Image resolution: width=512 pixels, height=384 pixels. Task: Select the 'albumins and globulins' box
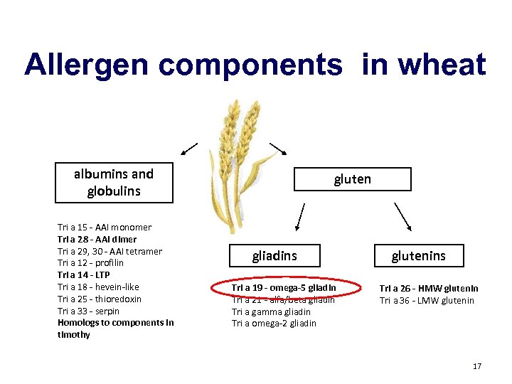[x=114, y=182]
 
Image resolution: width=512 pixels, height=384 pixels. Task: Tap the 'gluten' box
[x=353, y=179]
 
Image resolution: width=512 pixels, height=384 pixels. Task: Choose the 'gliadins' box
[x=274, y=255]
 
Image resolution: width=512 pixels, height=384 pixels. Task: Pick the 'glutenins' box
[x=418, y=255]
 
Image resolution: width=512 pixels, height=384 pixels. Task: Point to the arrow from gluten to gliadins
[x=300, y=217]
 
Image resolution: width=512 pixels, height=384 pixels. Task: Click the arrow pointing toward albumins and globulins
[x=189, y=149]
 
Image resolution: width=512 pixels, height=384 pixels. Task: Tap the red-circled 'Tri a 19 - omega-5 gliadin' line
[x=284, y=287]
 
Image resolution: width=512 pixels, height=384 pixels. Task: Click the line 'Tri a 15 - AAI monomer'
[x=105, y=228]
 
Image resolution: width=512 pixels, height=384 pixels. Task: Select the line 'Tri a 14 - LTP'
[x=84, y=274]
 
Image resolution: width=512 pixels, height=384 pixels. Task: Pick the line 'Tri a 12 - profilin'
[x=90, y=263]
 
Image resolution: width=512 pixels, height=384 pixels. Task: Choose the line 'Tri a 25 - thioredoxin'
[x=100, y=299]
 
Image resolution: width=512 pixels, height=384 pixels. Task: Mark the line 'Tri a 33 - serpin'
[x=89, y=311]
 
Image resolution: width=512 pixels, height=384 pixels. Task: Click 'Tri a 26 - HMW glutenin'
[x=428, y=288]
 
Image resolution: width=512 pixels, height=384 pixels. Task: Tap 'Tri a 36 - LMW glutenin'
[x=427, y=300]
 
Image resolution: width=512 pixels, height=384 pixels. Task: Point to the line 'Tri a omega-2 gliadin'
[x=274, y=324]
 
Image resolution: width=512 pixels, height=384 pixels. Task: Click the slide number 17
[x=476, y=366]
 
